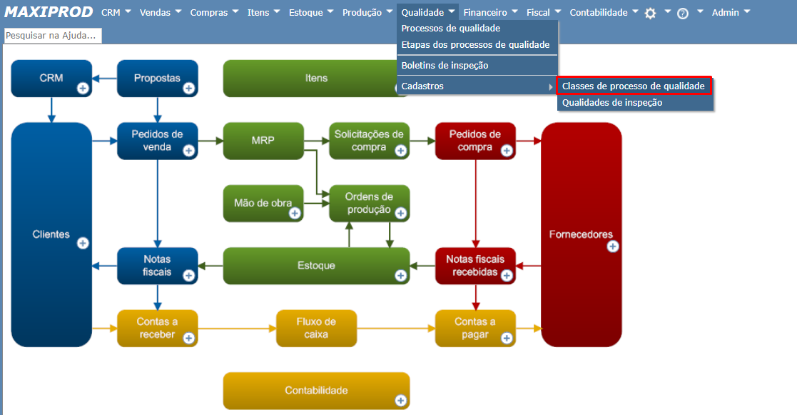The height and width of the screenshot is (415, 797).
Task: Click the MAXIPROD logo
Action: click(49, 12)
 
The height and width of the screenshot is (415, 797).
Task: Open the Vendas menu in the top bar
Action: click(160, 12)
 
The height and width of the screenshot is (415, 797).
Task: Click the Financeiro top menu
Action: click(490, 12)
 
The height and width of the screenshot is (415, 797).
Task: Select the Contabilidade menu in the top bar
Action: click(604, 12)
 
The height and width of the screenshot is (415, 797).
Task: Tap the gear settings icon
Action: click(650, 13)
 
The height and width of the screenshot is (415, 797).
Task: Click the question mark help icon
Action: click(683, 13)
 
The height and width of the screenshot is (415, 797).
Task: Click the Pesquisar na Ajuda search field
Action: click(53, 36)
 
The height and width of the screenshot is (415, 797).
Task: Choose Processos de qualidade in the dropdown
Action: click(451, 29)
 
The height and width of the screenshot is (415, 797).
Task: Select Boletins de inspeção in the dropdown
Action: click(445, 65)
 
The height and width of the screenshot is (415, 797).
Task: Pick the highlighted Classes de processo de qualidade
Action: click(634, 86)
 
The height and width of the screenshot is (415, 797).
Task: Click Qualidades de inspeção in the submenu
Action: click(612, 102)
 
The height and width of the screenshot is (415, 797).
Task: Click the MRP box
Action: click(263, 140)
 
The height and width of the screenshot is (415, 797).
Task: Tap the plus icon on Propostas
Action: click(189, 89)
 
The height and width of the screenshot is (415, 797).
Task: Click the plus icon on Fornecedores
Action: click(612, 246)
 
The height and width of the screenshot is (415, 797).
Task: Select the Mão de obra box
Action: click(263, 203)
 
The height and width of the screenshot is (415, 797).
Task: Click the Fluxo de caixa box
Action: click(316, 328)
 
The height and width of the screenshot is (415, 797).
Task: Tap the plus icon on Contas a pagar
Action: click(506, 338)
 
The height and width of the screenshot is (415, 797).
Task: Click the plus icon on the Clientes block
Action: click(83, 243)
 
